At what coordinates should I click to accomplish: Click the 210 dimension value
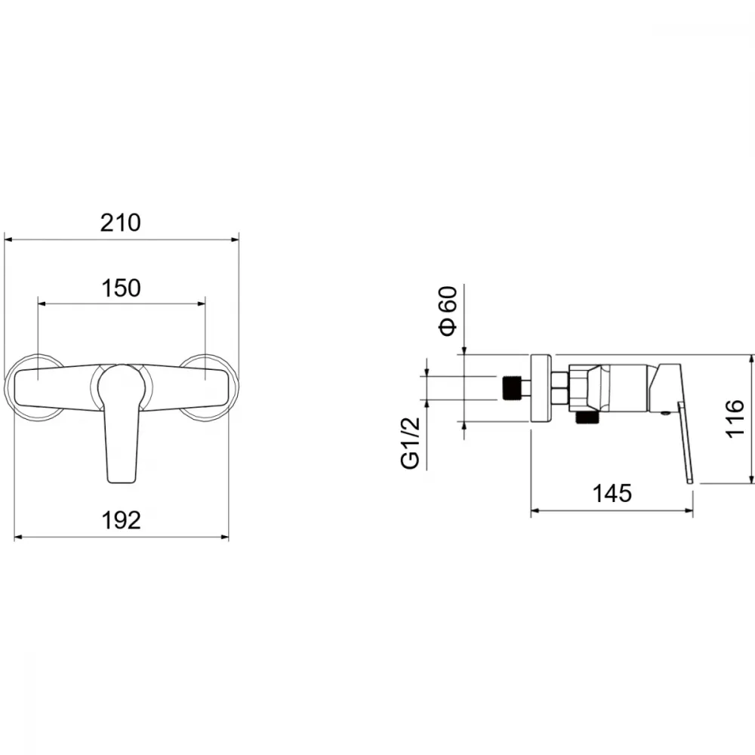pos(120,223)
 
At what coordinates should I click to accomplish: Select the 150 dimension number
pos(121,288)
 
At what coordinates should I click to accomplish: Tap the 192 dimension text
pos(121,520)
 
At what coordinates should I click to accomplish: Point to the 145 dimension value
pos(612,494)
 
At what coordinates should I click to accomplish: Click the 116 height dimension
pos(735,418)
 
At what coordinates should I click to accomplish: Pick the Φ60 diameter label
pos(447,310)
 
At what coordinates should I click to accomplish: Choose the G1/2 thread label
pos(410,443)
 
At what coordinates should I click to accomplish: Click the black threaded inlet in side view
pos(513,387)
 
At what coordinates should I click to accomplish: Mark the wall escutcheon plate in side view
pos(541,389)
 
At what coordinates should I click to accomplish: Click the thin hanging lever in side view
pos(686,442)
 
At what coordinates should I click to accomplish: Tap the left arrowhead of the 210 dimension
pos(8,239)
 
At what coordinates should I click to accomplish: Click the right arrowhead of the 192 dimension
pos(224,537)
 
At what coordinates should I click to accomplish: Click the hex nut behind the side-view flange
pos(559,388)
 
